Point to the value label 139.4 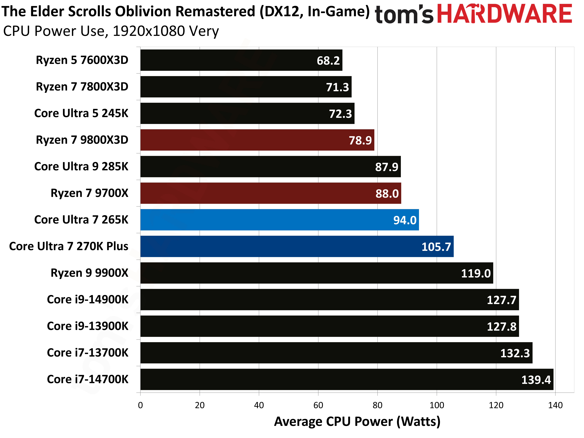pos(536,380)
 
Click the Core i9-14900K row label pos(87,300)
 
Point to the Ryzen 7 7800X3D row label pos(82,87)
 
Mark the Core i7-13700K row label pos(87,353)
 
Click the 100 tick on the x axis pos(437,405)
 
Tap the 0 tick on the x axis pos(140,405)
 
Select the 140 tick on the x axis pos(555,405)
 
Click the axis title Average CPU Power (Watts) pos(357,421)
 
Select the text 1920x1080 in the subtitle pos(149,31)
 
